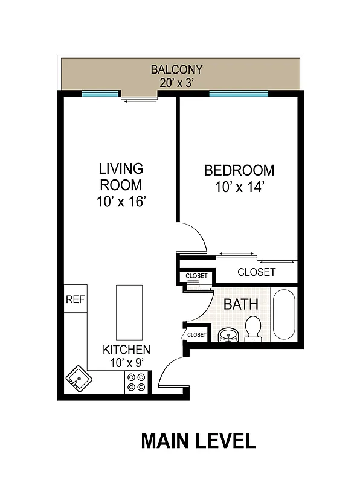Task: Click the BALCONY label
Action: coord(176,69)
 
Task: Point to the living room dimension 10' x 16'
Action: coord(121,202)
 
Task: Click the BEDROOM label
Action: coord(239,170)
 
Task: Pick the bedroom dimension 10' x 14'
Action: coord(239,187)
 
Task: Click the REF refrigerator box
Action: coord(76,299)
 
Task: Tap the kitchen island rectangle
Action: coord(129,312)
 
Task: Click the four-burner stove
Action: coord(137,382)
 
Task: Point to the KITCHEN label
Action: coord(126,350)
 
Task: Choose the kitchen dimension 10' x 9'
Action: coord(126,363)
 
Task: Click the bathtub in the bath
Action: coord(284,316)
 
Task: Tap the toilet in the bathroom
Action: coord(254,329)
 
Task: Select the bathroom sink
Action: coord(228,334)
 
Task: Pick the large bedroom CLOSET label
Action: coord(256,272)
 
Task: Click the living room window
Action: coord(100,94)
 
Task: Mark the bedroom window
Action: coord(239,94)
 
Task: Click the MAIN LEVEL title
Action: coord(198,441)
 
